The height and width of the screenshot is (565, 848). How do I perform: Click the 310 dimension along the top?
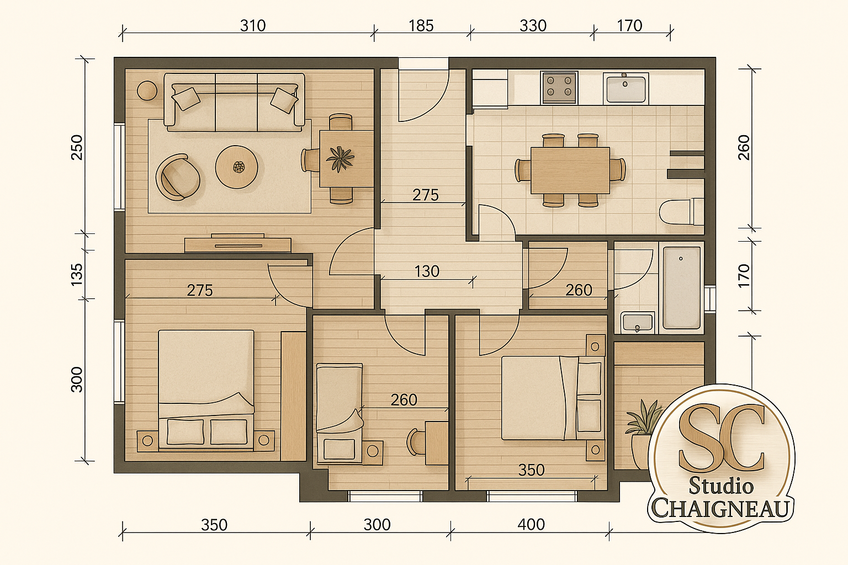click(253, 26)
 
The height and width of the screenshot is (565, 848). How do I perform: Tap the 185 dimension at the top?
click(421, 26)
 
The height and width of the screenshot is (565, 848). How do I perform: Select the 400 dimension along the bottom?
click(531, 525)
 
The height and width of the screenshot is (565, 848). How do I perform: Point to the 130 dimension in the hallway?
click(427, 271)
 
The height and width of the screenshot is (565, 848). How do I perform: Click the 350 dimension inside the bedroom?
click(532, 470)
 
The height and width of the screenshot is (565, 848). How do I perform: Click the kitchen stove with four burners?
click(559, 88)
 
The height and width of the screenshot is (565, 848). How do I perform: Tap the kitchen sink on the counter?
click(626, 88)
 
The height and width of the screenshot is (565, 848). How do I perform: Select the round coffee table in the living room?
click(237, 167)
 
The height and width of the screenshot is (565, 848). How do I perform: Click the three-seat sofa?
click(234, 102)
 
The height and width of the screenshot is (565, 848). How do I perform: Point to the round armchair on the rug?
click(178, 177)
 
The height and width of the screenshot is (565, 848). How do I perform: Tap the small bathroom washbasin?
click(638, 322)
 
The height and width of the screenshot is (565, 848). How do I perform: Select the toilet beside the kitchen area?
click(681, 212)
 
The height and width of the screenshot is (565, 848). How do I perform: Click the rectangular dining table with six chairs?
click(570, 170)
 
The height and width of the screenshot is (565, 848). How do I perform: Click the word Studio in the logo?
click(721, 486)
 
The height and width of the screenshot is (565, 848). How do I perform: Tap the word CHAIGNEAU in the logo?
click(720, 508)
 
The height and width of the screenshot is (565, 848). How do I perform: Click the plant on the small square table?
click(340, 158)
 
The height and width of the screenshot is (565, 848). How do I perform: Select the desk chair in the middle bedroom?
click(416, 441)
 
